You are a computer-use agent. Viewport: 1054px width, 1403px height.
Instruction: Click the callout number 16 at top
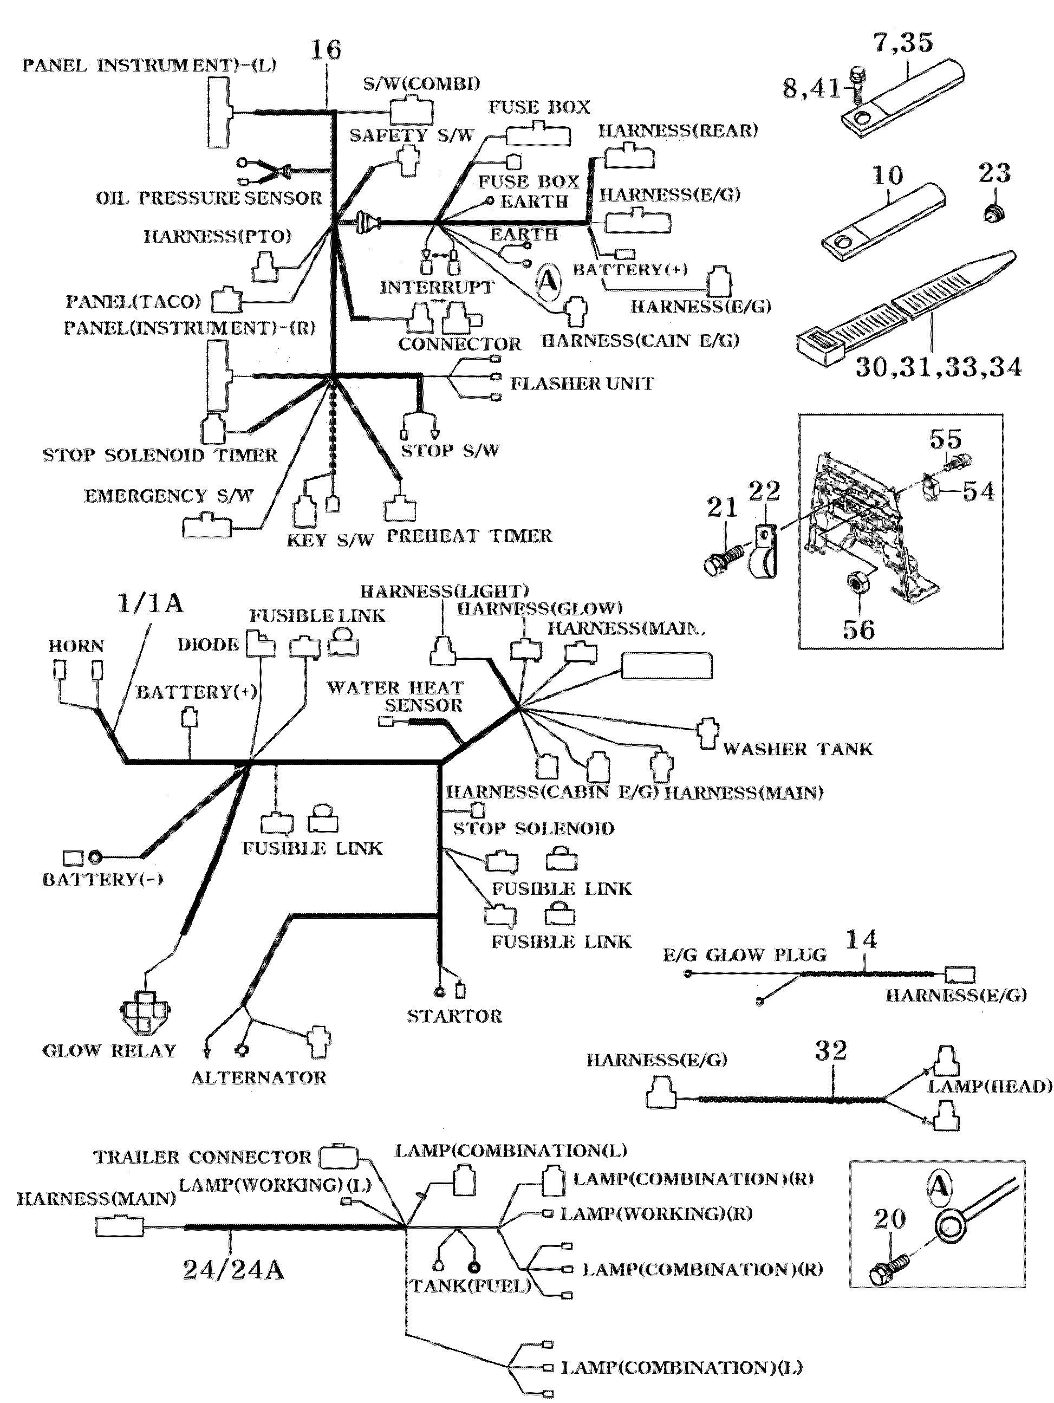coord(326,50)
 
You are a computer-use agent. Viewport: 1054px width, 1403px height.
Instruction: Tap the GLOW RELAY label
coord(109,1051)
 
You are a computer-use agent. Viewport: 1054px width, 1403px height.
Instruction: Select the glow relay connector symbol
coord(145,1014)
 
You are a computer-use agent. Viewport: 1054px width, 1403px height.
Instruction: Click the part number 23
coord(994,173)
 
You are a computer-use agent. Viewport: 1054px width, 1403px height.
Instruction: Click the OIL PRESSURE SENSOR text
coord(209,198)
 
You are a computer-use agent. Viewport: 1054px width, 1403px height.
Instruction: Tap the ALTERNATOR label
coord(258,1077)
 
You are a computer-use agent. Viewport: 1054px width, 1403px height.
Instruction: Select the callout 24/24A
coord(233,1269)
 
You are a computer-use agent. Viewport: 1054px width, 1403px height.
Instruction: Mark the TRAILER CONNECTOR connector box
coord(338,1155)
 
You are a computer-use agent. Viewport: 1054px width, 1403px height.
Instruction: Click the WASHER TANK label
coord(797,749)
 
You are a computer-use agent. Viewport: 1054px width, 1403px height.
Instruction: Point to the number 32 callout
coord(831,1051)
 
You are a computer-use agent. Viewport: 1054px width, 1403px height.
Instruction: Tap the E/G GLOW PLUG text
coord(745,955)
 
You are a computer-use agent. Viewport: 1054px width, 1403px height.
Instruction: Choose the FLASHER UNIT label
coord(582,384)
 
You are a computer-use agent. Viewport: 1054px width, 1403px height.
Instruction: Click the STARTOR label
coord(454,1016)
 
